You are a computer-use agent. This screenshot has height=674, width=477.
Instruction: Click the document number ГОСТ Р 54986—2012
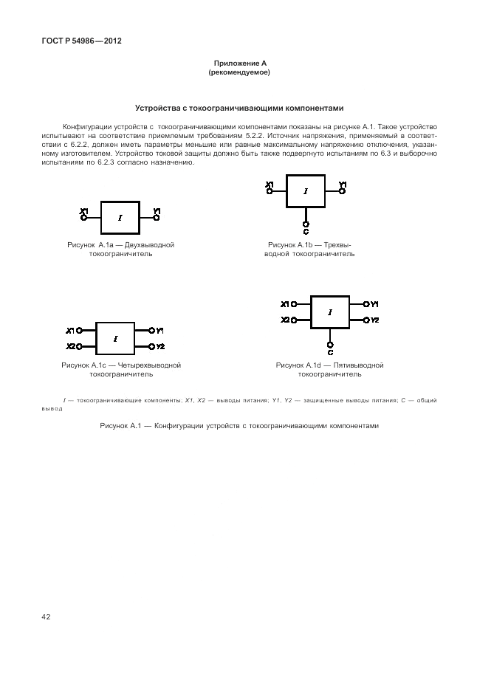(81, 41)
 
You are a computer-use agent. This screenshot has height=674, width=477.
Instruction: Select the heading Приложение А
(239, 65)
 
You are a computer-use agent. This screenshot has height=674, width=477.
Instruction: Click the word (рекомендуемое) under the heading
(239, 73)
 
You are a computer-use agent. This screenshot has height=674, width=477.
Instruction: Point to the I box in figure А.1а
(120, 218)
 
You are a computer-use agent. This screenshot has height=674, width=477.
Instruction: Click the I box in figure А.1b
(306, 191)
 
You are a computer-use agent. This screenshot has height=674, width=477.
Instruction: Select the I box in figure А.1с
(115, 339)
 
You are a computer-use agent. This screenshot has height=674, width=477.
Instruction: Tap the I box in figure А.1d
(329, 312)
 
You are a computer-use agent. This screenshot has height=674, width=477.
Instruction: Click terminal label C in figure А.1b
(306, 229)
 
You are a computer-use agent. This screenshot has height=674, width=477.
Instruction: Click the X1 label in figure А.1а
(83, 212)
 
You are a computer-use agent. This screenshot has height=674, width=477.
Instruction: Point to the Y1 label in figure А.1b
(342, 185)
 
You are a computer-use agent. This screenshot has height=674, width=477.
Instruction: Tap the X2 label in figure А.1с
(70, 346)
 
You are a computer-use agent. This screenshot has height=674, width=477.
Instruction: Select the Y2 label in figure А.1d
(374, 320)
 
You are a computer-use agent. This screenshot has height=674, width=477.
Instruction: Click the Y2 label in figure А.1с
(160, 346)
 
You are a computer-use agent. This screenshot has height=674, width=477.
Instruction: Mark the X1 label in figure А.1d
(285, 303)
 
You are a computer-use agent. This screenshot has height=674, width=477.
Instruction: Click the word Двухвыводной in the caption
(150, 244)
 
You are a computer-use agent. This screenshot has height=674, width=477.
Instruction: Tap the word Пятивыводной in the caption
(360, 365)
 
